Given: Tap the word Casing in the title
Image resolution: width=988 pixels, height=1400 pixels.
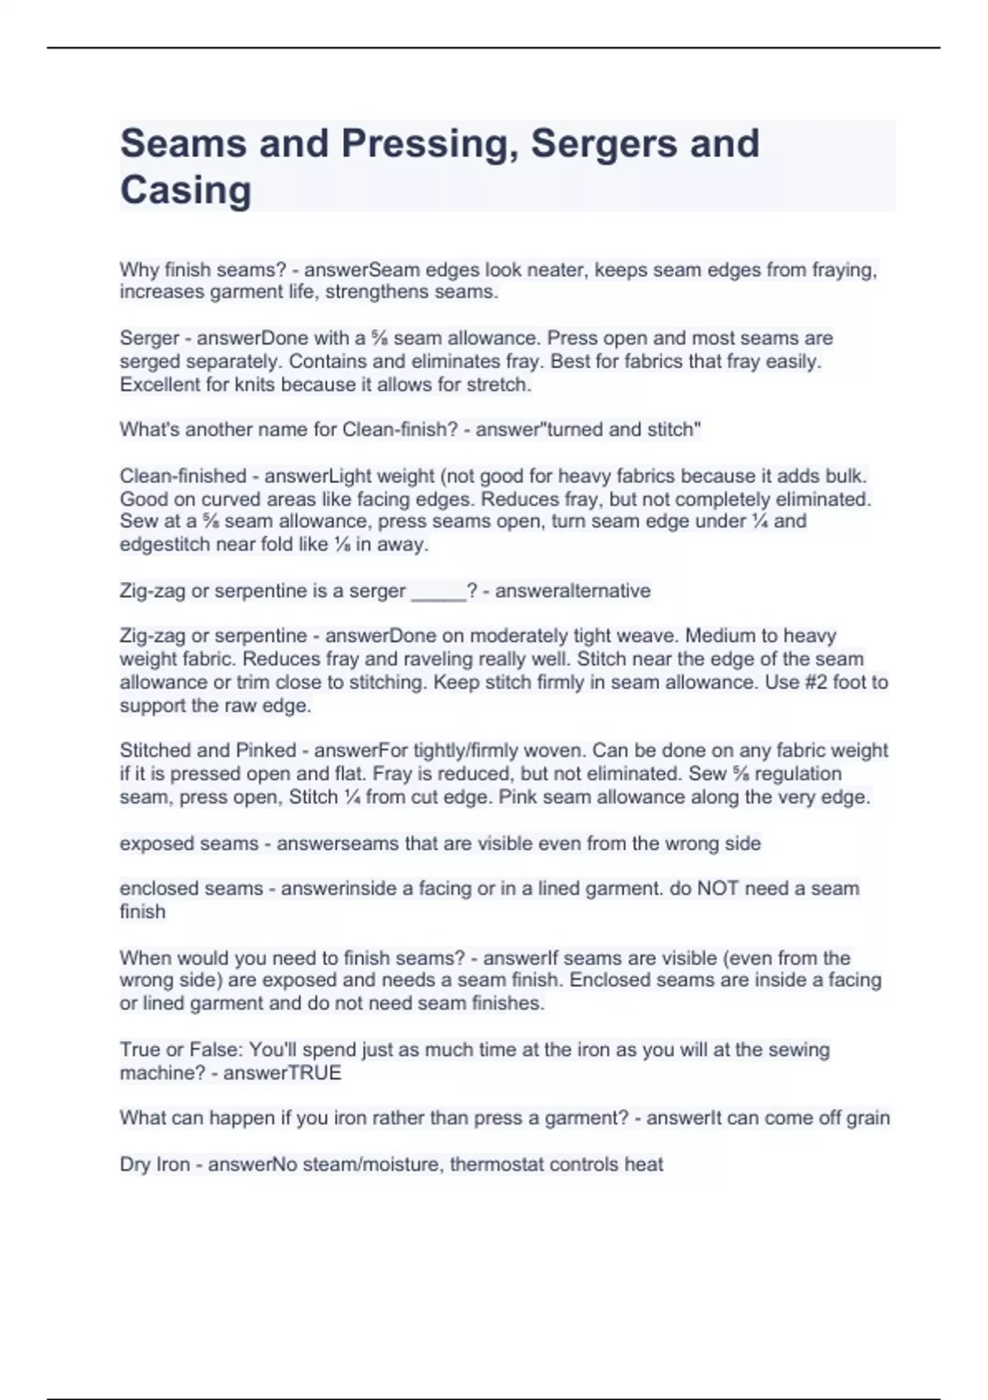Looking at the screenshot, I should [x=185, y=190].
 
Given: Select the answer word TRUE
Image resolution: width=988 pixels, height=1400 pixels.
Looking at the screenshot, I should [x=315, y=1073].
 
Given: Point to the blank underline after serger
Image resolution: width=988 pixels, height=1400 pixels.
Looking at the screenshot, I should [x=438, y=591].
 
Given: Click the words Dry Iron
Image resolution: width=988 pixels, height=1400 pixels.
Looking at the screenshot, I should [x=155, y=1164].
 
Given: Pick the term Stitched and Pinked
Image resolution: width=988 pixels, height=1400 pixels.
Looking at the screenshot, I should [x=207, y=751].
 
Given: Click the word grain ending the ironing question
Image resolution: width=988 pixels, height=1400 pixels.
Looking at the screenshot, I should [x=868, y=1118].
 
